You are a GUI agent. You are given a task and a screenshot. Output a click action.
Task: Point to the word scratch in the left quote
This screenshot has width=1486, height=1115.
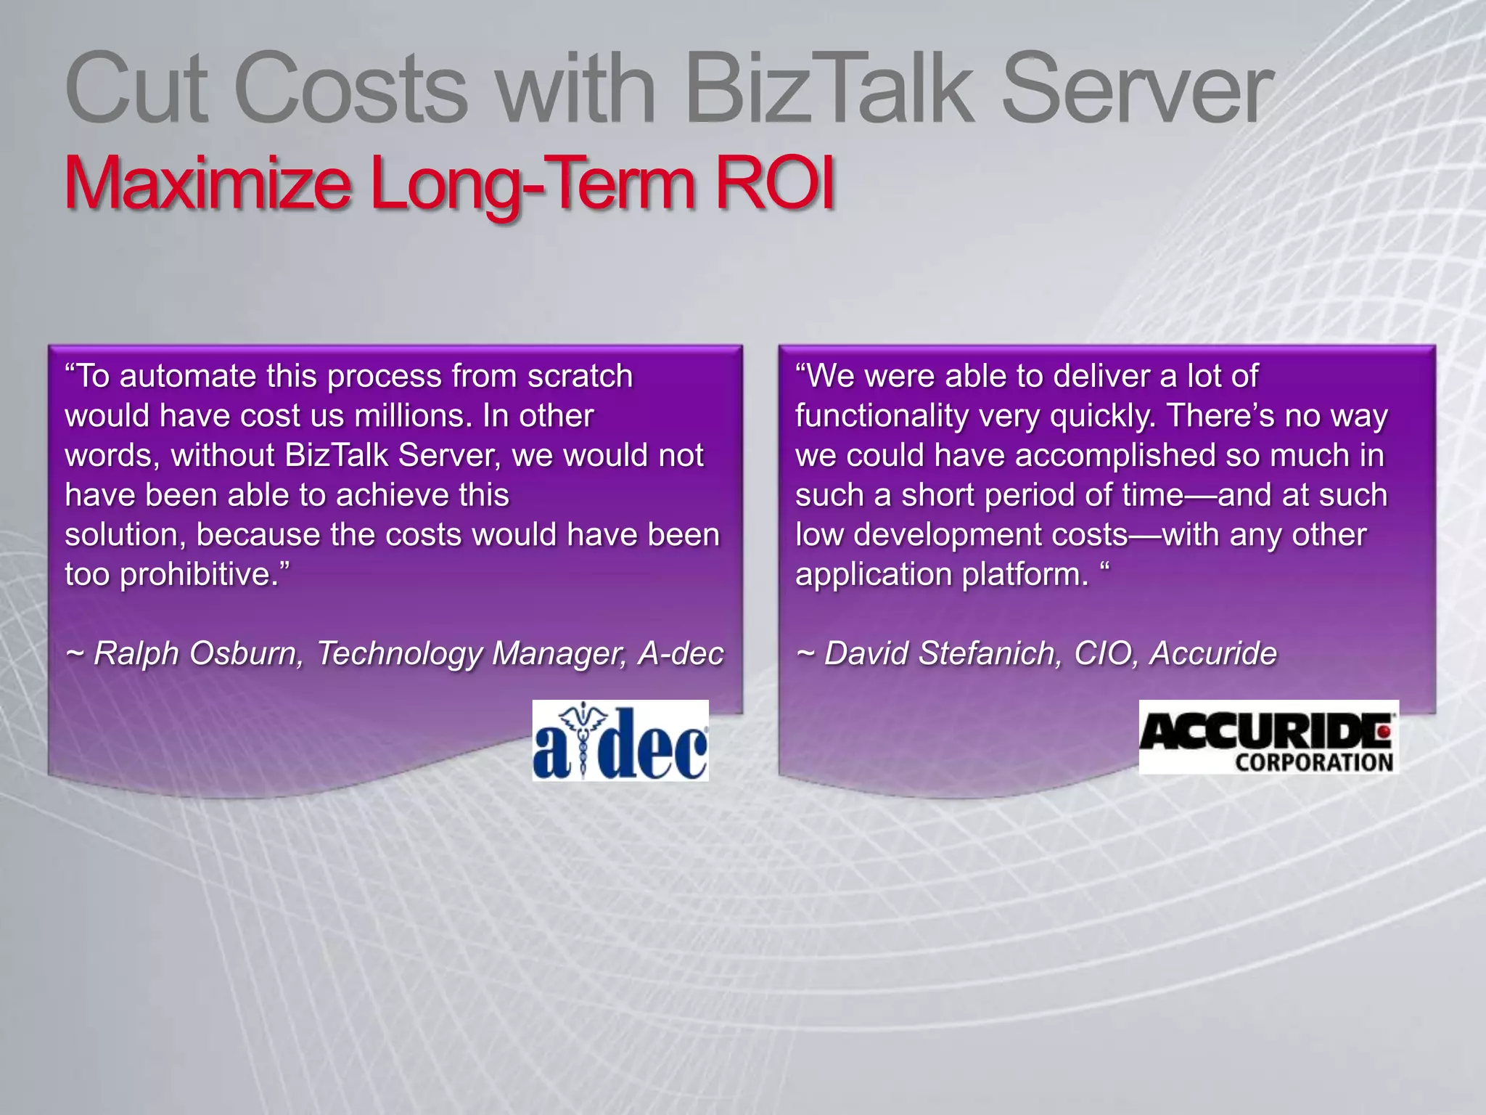[x=580, y=377]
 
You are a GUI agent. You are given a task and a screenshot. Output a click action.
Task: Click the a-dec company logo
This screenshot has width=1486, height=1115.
[x=620, y=741]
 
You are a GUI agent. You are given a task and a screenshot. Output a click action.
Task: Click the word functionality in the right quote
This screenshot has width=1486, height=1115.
[x=882, y=417]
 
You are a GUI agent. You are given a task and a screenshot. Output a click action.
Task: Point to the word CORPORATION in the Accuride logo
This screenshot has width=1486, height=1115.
[x=1314, y=762]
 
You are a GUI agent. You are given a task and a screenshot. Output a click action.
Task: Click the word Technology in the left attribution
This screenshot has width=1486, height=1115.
[x=399, y=654]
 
